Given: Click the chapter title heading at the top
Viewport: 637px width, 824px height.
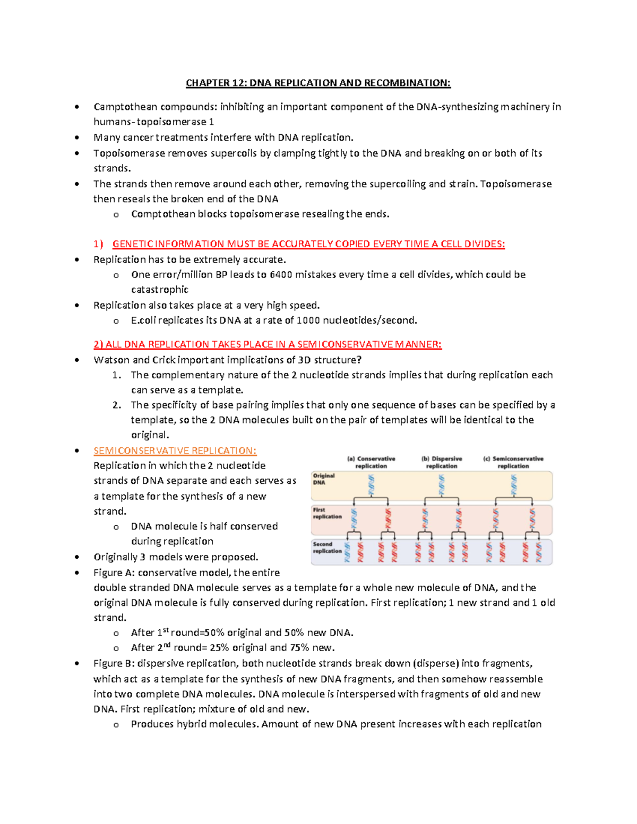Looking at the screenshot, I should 318,83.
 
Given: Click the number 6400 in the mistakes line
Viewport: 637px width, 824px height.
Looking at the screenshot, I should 280,274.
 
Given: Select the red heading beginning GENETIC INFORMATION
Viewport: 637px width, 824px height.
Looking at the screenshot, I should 308,244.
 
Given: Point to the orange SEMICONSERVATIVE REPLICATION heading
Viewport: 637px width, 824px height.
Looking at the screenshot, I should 175,450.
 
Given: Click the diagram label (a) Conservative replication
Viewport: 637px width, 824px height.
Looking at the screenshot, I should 371,462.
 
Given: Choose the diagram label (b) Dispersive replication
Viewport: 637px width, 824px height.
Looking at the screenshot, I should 442,462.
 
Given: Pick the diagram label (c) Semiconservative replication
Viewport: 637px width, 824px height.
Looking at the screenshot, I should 513,462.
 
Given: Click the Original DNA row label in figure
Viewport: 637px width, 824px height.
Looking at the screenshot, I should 323,479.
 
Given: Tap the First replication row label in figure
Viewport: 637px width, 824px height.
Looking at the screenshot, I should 326,513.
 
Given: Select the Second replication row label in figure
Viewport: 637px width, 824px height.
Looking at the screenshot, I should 327,548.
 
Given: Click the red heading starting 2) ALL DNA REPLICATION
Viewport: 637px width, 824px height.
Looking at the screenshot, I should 268,344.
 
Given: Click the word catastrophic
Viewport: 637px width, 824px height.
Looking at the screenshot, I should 160,290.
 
